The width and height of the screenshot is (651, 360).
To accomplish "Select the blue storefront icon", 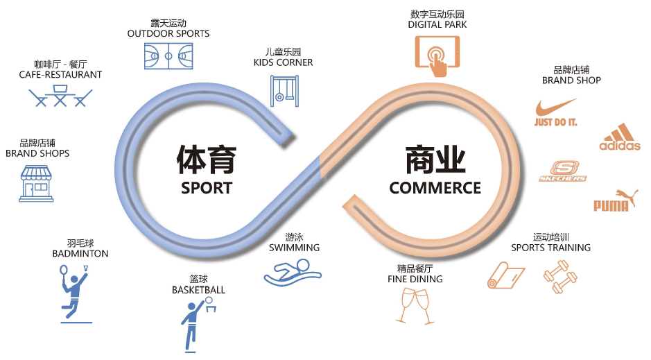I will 37,183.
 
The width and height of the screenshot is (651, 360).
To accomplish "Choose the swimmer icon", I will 293,273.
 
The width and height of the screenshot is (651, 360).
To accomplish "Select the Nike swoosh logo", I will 556,112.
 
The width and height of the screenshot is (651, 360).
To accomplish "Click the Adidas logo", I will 619,137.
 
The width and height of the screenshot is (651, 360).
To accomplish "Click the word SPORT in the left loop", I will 206,187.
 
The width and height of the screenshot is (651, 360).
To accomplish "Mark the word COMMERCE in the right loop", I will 435,187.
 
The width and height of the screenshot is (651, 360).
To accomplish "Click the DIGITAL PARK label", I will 437,24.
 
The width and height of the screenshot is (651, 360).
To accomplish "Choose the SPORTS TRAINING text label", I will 550,248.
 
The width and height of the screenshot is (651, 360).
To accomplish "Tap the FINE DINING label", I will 415,279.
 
